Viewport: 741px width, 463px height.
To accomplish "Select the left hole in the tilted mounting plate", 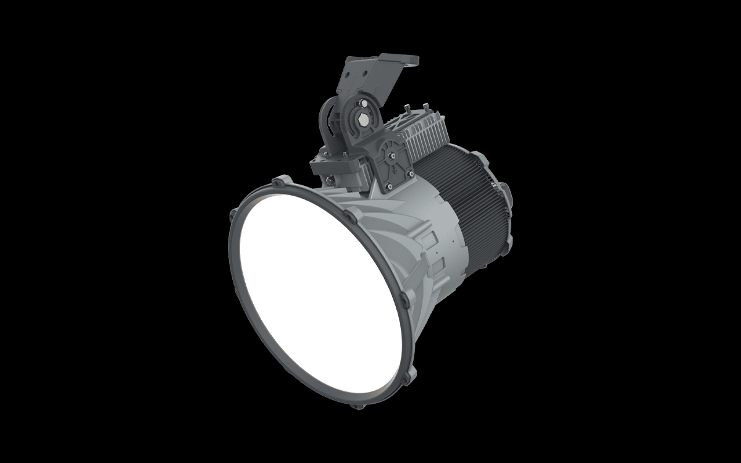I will (347, 75).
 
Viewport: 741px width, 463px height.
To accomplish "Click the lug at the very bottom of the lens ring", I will (356, 406).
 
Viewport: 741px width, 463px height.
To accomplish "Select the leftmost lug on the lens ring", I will (233, 214).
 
